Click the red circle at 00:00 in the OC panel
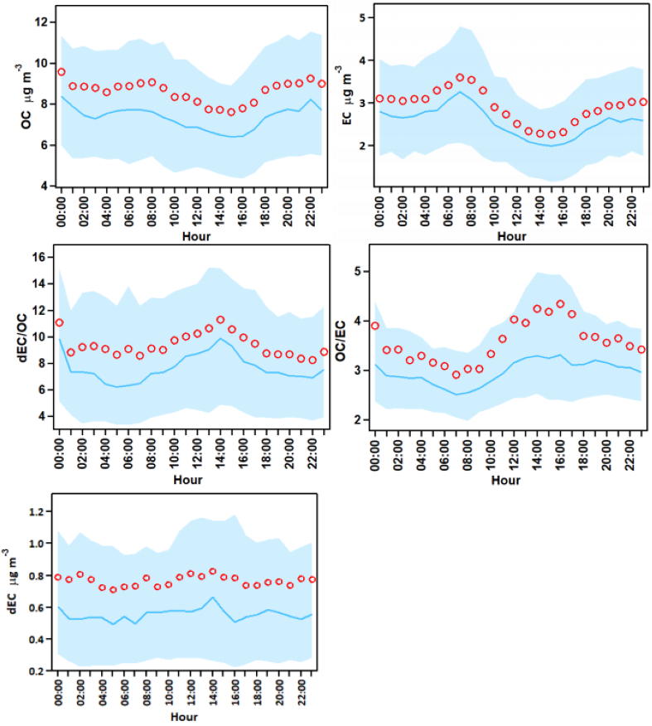pos(61,72)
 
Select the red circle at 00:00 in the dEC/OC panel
pos(59,322)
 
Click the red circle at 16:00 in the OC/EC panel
pos(560,304)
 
